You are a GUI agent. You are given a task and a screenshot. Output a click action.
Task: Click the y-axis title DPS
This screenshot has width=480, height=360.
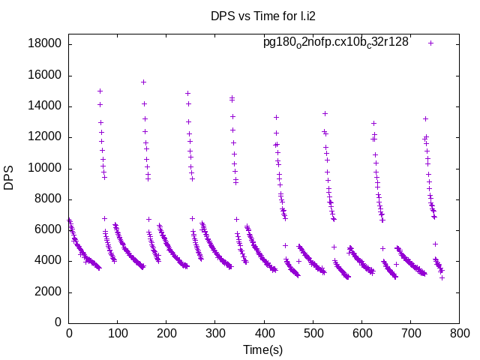(x=9, y=178)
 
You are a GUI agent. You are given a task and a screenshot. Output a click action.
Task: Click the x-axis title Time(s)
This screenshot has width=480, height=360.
(x=262, y=349)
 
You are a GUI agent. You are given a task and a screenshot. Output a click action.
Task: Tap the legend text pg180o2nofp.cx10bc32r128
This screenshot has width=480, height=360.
(x=335, y=42)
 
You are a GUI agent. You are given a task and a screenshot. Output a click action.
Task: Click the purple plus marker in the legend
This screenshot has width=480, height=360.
(x=430, y=43)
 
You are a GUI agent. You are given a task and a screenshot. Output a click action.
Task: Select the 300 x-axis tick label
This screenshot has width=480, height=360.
(x=215, y=334)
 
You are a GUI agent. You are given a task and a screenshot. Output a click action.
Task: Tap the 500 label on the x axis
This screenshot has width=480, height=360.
(x=313, y=334)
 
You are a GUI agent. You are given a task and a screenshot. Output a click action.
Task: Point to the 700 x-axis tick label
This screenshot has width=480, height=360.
(x=410, y=334)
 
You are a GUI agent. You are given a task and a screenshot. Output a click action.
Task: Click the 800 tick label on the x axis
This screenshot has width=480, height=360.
(x=459, y=334)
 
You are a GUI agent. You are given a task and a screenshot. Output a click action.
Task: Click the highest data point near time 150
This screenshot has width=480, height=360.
(x=143, y=82)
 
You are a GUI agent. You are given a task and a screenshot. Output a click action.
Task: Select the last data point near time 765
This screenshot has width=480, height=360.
(x=442, y=277)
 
